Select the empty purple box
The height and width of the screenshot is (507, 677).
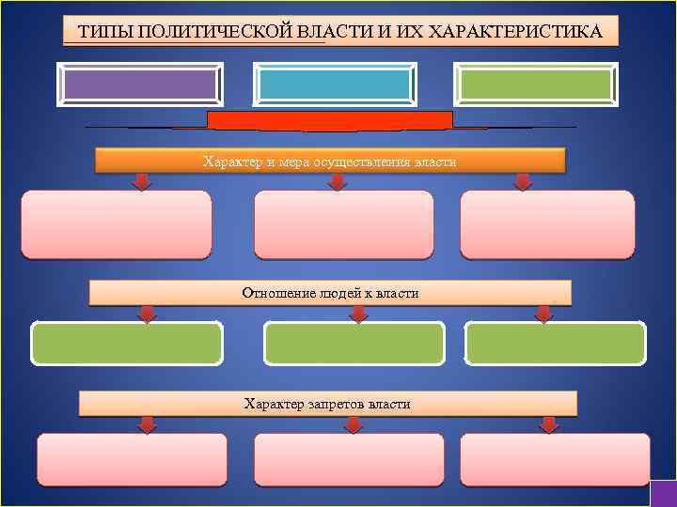(x=140, y=84)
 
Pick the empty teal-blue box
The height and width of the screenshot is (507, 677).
(x=336, y=84)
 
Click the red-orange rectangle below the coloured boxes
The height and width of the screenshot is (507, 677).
(x=330, y=119)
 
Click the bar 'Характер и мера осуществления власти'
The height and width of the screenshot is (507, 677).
(x=330, y=161)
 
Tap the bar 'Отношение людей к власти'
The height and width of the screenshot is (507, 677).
(x=330, y=293)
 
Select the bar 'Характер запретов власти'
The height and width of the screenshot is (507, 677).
(x=327, y=404)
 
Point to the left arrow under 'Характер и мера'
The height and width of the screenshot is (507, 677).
(x=141, y=180)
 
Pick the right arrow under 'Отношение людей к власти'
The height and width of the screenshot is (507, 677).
(x=543, y=313)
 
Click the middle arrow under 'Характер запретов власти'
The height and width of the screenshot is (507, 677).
(x=353, y=423)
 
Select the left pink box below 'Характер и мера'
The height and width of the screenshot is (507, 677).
(x=117, y=224)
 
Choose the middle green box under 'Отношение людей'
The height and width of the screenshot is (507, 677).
(x=354, y=343)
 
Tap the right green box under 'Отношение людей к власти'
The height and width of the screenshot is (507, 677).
(x=556, y=343)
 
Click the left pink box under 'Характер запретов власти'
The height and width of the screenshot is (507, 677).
(x=132, y=458)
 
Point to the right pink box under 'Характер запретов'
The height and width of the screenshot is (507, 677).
(x=555, y=458)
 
